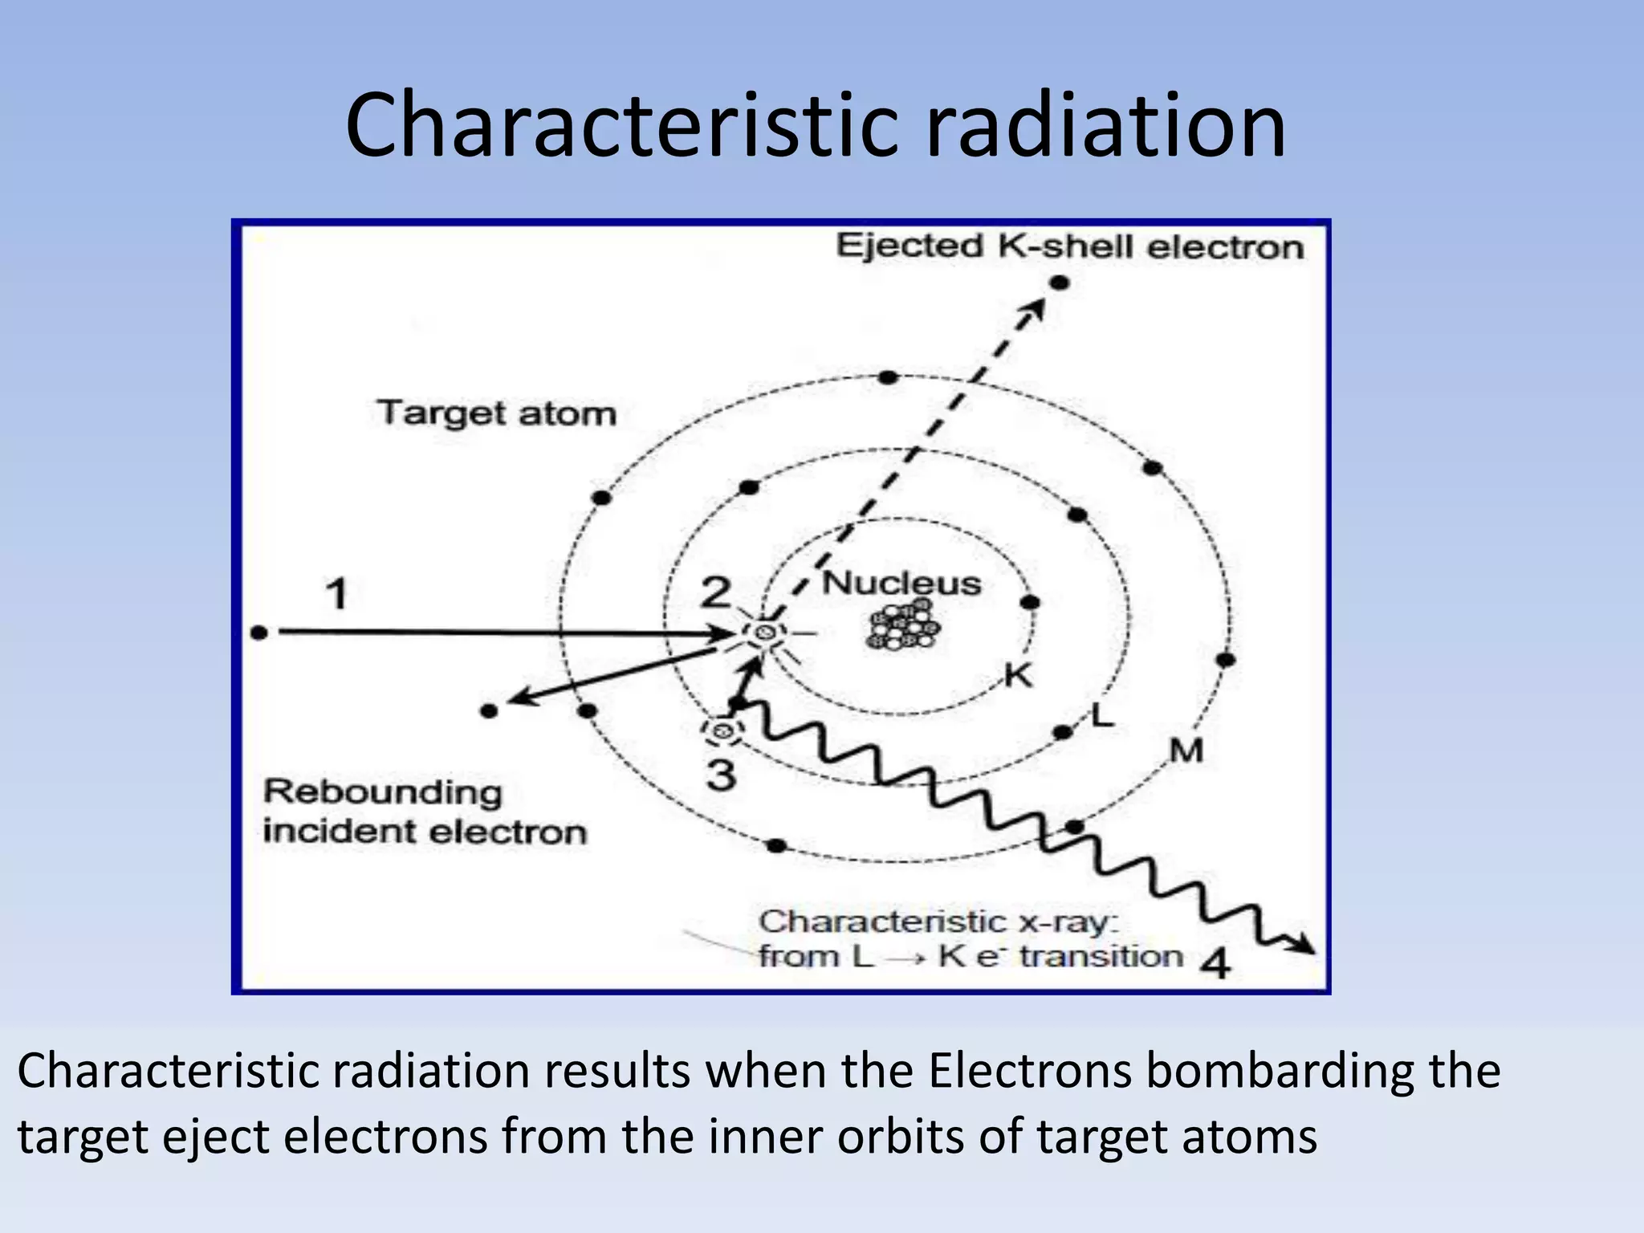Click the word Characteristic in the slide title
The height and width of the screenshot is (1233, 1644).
[x=622, y=126]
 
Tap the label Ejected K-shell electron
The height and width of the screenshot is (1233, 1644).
[x=1069, y=246]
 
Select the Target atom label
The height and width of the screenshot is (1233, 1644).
[x=497, y=413]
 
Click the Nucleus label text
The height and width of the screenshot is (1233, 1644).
[x=901, y=584]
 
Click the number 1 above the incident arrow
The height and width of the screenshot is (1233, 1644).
[x=337, y=595]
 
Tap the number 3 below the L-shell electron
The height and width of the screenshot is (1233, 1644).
[x=721, y=775]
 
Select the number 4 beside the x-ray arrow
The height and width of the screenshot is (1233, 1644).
[x=1215, y=962]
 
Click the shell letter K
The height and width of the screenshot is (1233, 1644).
[x=1019, y=676]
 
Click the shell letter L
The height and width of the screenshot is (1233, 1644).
[x=1103, y=714]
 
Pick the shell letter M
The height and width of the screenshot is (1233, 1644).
[x=1186, y=751]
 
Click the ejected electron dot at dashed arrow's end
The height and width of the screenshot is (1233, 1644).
[x=1060, y=283]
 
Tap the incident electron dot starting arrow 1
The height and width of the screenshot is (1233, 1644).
[x=258, y=633]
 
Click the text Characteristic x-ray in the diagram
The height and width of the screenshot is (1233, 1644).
[x=938, y=922]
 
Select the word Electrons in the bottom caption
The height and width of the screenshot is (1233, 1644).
[x=1032, y=1071]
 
